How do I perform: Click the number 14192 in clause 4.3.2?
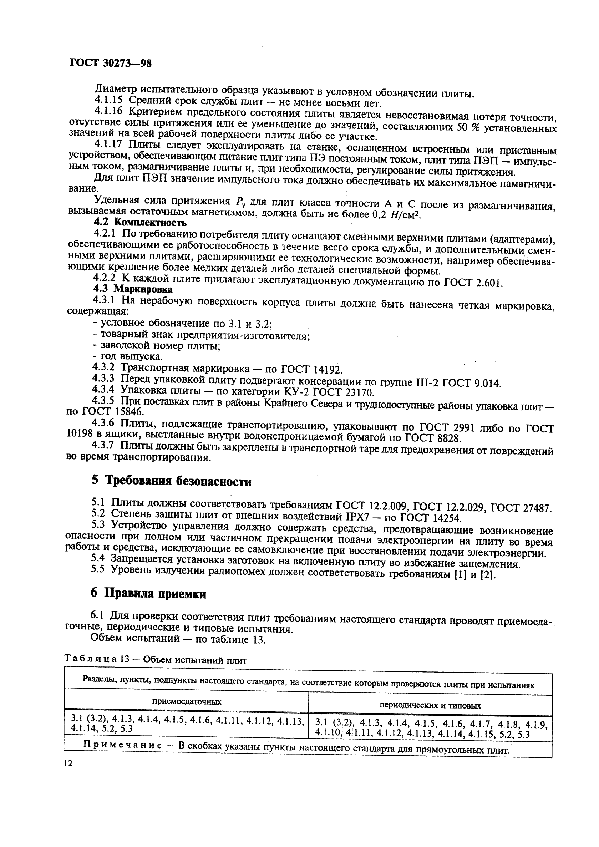328,369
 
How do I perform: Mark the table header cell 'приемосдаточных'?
187,702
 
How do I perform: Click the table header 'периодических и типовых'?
430,705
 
